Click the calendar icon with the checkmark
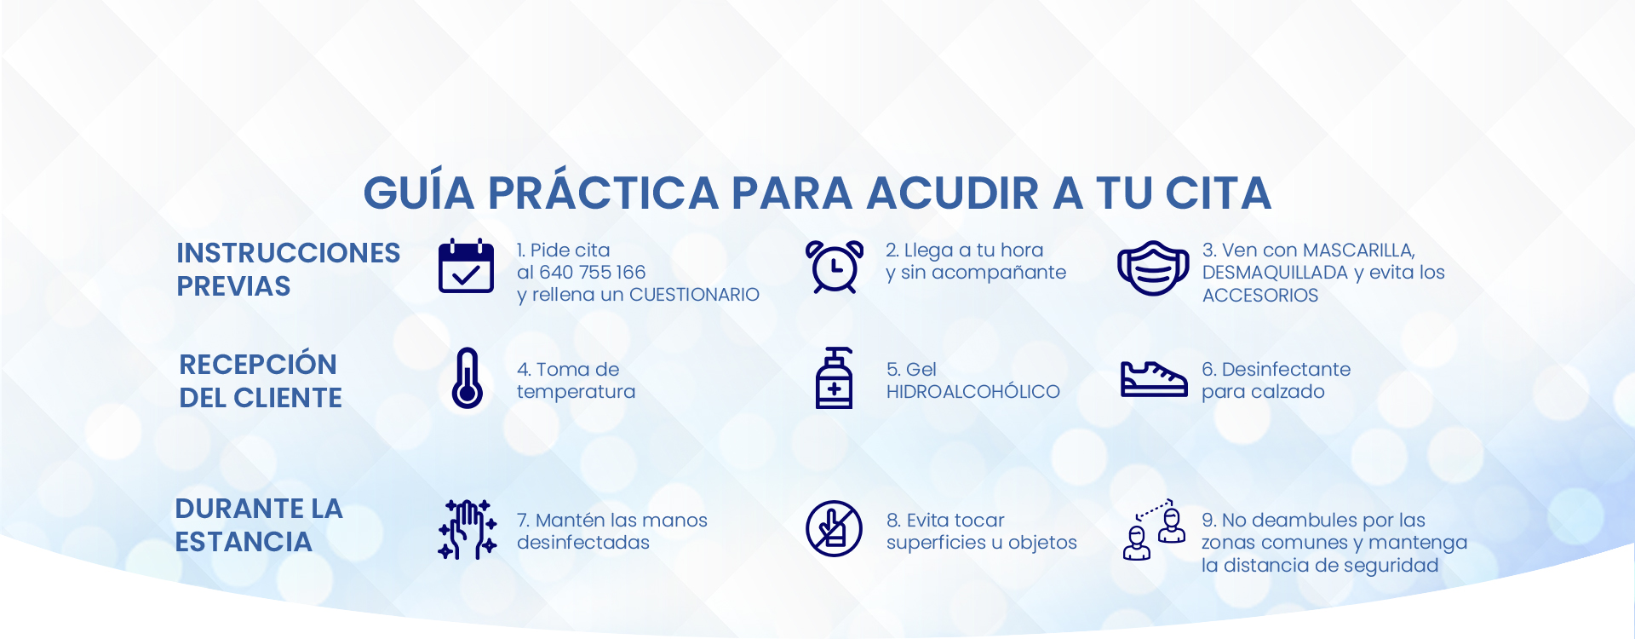466,266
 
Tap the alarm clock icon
835,267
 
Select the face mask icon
1153,268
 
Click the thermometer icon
467,378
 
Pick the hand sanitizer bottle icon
835,378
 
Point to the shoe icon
1154,379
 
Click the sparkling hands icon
467,529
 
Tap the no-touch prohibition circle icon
835,528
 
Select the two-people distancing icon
1154,529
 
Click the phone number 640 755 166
593,273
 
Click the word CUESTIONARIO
694,295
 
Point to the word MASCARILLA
1359,250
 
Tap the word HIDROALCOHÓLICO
973,392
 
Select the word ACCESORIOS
1260,296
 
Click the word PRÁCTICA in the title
604,193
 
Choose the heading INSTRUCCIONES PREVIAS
288,269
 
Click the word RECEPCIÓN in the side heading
258,364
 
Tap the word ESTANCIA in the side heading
244,542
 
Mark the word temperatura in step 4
576,392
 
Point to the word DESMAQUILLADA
1275,273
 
